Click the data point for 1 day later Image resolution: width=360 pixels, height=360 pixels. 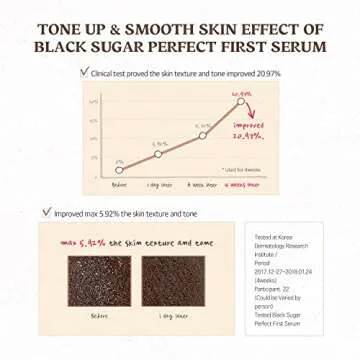pos(160,152)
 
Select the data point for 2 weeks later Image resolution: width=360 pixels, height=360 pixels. pos(202,135)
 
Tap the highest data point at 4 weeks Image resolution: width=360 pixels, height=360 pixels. pos(241,101)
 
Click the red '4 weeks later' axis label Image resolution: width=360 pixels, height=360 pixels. pos(241,185)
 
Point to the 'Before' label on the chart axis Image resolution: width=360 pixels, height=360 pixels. pos(119,185)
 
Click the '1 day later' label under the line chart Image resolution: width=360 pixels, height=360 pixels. pos(160,185)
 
